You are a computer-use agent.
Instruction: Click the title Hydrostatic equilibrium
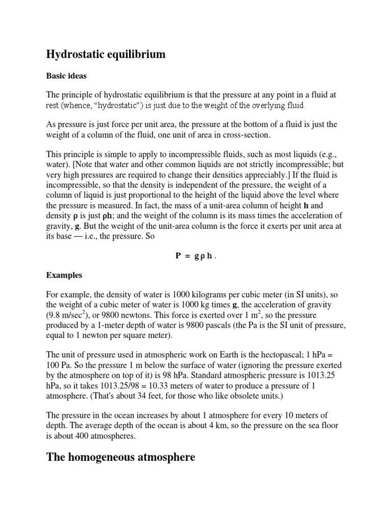pos(106,54)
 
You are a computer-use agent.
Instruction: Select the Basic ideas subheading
pos(66,76)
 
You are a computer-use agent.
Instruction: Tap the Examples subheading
pos(64,275)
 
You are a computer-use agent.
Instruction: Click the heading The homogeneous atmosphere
pos(120,457)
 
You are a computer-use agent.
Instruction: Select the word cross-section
pos(242,135)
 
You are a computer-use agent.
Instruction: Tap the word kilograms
pos(215,295)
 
